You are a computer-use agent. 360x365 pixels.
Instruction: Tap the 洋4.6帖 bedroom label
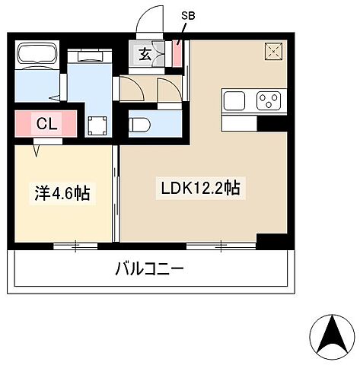point(61,193)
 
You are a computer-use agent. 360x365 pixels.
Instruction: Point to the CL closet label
point(45,123)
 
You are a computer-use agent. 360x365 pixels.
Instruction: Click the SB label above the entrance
point(187,15)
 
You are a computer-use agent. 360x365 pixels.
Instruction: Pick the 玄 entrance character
point(143,55)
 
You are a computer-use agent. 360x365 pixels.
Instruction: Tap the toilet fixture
point(143,122)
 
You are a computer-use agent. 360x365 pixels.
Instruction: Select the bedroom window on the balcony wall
point(76,245)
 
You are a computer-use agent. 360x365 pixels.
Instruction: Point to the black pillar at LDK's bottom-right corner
point(271,239)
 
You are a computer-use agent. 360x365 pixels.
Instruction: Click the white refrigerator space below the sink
point(240,122)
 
